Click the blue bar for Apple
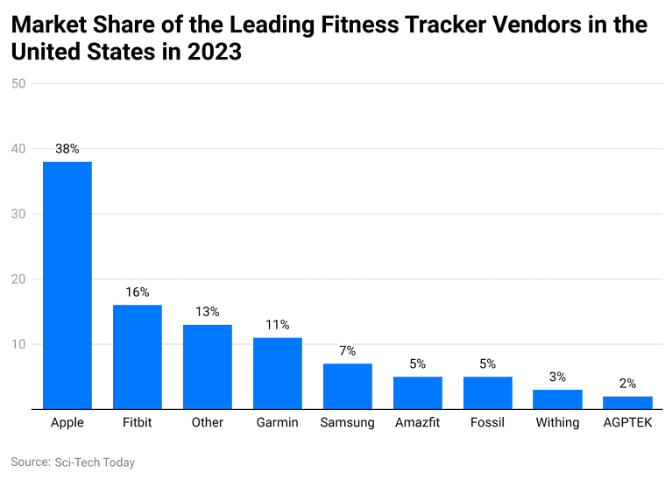(x=67, y=285)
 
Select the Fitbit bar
(x=138, y=356)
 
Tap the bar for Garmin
(x=278, y=373)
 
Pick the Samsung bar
(x=348, y=386)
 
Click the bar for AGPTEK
(x=627, y=403)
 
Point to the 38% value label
(x=67, y=149)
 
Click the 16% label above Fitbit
(x=138, y=293)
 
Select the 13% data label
(x=208, y=312)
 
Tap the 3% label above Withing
(x=557, y=377)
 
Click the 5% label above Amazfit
(x=418, y=364)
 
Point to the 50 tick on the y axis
(x=18, y=84)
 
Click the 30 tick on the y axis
(x=18, y=214)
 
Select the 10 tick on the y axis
(x=18, y=344)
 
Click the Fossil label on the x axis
(x=487, y=423)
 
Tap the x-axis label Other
(x=208, y=423)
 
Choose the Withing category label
(x=557, y=423)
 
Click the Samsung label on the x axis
(x=348, y=423)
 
